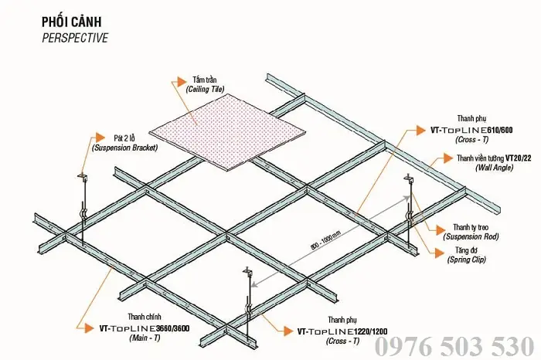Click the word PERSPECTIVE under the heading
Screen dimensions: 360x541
(x=75, y=36)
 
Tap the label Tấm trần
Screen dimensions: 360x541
(x=205, y=80)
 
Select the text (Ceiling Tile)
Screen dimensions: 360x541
(x=205, y=90)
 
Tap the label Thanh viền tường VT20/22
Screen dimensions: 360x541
(x=494, y=158)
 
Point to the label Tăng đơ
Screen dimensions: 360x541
(x=461, y=251)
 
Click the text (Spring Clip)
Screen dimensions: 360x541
(x=468, y=260)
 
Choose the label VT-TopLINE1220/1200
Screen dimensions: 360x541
(x=342, y=331)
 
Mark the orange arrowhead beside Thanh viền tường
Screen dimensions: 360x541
(x=449, y=158)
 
